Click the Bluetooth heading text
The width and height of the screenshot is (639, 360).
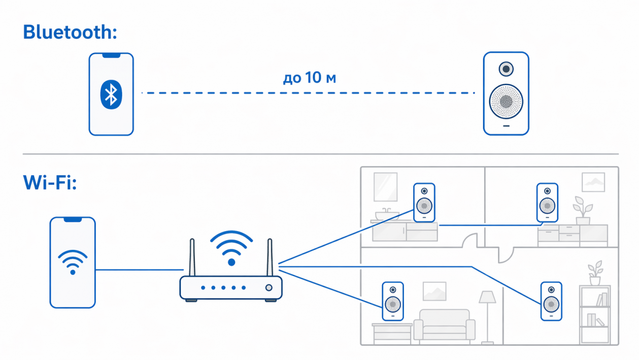[x=70, y=32]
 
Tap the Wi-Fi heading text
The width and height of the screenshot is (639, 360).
[x=50, y=182]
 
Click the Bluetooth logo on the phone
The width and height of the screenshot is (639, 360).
[x=111, y=94]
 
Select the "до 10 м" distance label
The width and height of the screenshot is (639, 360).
[x=310, y=77]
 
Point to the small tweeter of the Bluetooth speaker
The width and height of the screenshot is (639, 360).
[x=506, y=69]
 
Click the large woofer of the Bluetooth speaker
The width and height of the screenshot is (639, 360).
[x=506, y=102]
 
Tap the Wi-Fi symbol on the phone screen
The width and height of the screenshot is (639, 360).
[x=73, y=262]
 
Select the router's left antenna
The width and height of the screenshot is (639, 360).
[x=192, y=257]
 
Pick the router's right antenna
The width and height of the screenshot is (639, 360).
[x=270, y=257]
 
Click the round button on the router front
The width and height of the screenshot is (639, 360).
[x=268, y=287]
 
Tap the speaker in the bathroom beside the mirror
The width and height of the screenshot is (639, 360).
[x=424, y=203]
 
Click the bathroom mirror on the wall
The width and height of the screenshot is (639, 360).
[x=386, y=187]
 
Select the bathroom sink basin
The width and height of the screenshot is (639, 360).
[x=387, y=215]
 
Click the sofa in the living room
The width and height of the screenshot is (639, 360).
[x=445, y=325]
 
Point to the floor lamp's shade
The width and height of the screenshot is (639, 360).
[x=488, y=297]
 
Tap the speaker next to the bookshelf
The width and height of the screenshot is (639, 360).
[x=551, y=301]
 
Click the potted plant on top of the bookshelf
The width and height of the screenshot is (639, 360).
[x=595, y=273]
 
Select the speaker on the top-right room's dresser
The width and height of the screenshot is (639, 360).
[x=548, y=203]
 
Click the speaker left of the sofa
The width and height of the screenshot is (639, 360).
[x=393, y=301]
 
